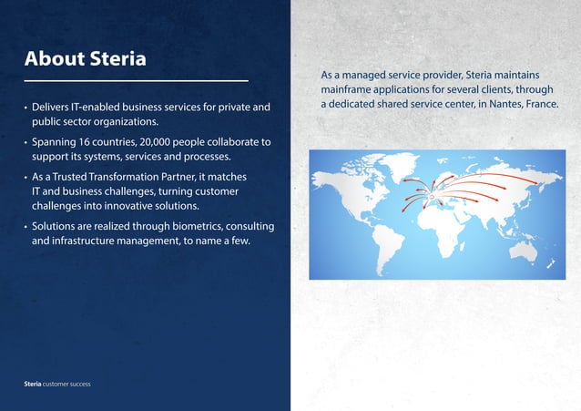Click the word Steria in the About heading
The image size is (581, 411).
click(x=117, y=59)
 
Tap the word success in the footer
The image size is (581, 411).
click(x=77, y=385)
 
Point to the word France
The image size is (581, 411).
click(x=538, y=105)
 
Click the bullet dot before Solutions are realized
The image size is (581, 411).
click(x=25, y=225)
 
